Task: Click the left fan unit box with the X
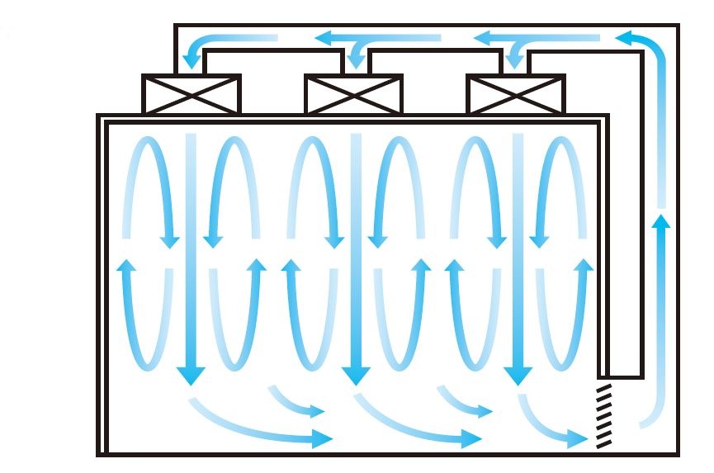coord(191,94)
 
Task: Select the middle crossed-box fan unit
coord(353,94)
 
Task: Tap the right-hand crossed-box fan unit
coord(515,94)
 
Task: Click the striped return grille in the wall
coord(605,417)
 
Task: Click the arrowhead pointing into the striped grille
coord(582,438)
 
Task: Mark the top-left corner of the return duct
coord(176,26)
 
